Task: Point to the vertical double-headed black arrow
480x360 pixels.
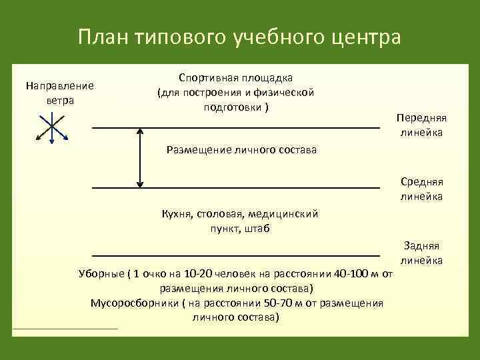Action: (140, 158)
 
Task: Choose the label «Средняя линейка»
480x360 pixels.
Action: (421, 189)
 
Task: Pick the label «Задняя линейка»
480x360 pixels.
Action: (421, 253)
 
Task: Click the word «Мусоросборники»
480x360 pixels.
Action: (133, 303)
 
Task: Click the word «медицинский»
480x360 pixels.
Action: (287, 214)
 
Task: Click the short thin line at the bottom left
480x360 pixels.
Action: (65, 329)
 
